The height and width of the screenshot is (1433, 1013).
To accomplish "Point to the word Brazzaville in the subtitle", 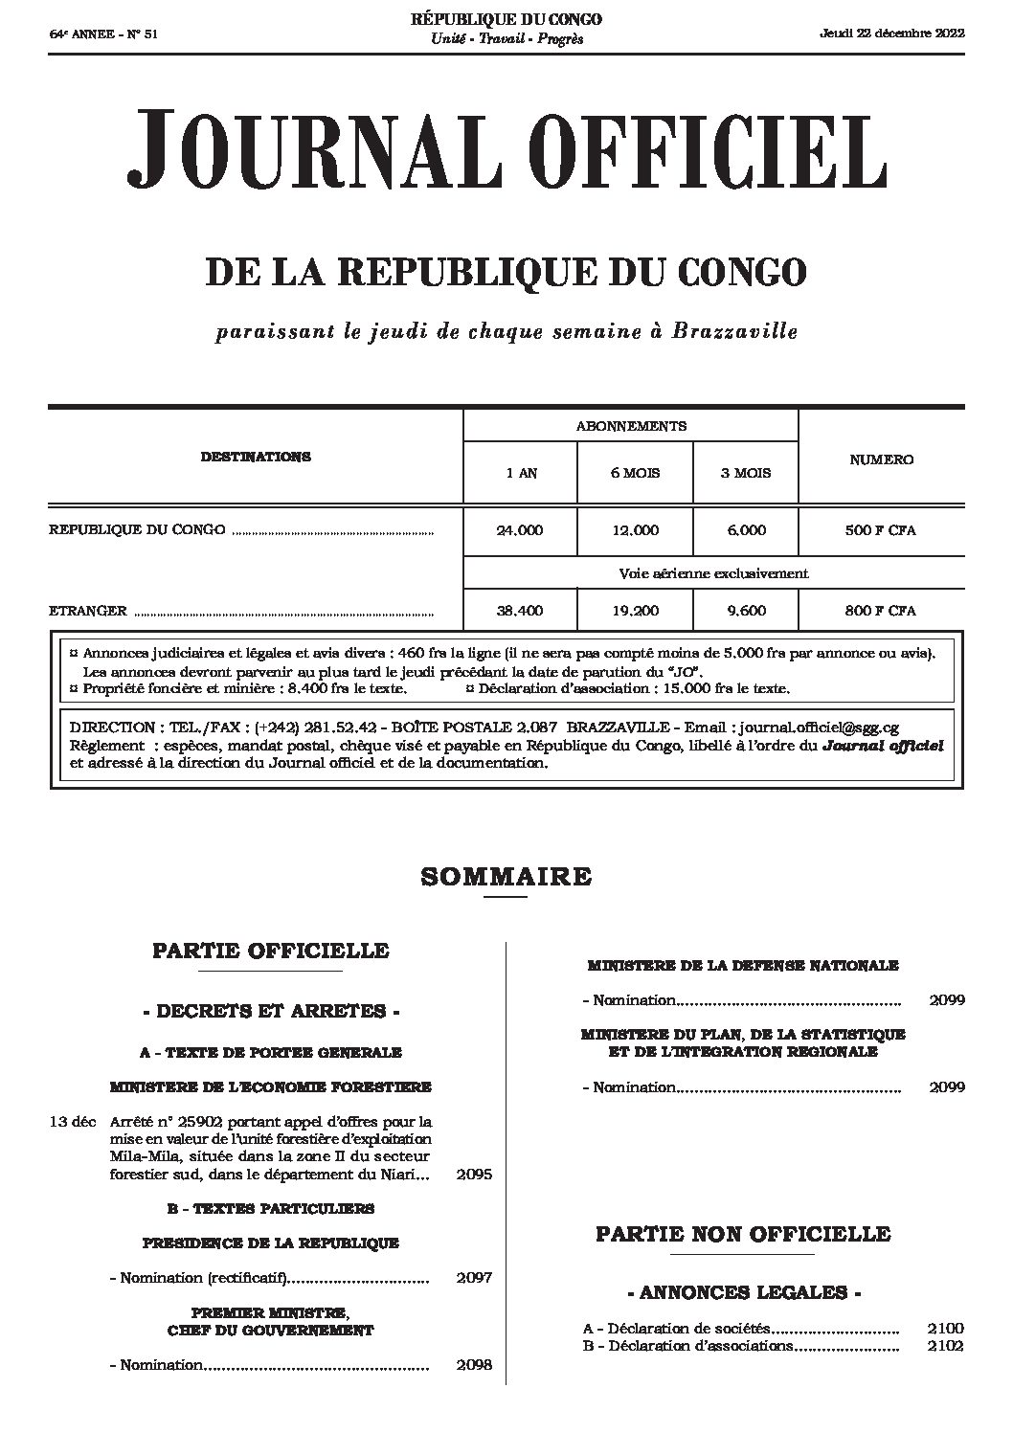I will tap(734, 332).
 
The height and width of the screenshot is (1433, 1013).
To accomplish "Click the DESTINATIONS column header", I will tap(256, 457).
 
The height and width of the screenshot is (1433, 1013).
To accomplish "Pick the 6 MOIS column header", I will tap(635, 473).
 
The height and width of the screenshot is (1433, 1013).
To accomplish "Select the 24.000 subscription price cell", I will tap(520, 530).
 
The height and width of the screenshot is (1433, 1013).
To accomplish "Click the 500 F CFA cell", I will tap(881, 530).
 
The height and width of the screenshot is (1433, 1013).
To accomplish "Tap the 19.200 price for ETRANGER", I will tap(635, 611).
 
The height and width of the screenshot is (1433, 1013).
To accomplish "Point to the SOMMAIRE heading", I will tap(506, 876).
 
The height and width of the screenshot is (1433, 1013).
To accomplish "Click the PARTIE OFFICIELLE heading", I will tap(271, 951).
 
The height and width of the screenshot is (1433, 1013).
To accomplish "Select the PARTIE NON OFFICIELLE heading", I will tap(743, 1234).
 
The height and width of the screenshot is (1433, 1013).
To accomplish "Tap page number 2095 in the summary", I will tap(475, 1174).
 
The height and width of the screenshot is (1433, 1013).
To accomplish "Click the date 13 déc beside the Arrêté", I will tap(73, 1122).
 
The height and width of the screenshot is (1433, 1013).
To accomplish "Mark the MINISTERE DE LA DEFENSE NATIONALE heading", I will tap(743, 966).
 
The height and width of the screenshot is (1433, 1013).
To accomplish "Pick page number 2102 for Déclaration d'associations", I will tap(945, 1346).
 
